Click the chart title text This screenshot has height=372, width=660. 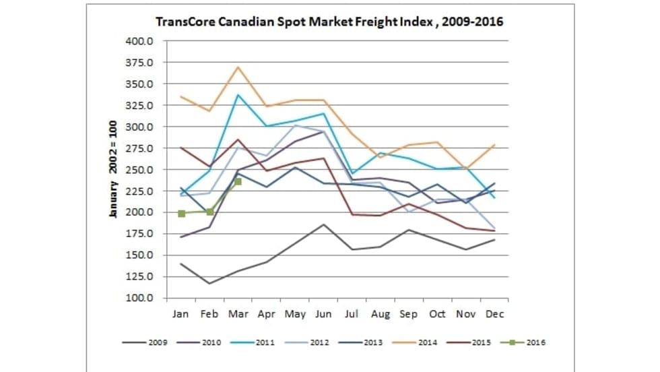(329, 22)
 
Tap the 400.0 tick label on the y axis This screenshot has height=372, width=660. (141, 41)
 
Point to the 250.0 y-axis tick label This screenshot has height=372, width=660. (141, 170)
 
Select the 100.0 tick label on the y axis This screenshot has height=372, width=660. (141, 298)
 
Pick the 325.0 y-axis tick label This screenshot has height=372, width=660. (141, 106)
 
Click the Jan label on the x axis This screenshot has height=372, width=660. (181, 314)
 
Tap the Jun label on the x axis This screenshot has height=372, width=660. (325, 314)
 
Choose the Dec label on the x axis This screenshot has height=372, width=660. (495, 314)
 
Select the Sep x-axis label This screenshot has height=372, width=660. (409, 314)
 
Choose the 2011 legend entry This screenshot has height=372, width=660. (257, 342)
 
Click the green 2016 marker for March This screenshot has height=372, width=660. (238, 181)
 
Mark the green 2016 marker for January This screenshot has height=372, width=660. (181, 214)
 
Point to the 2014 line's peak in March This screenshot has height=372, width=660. (238, 67)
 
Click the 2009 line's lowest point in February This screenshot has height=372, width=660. (209, 283)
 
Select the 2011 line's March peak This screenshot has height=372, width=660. (238, 94)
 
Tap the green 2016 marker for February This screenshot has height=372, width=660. (209, 212)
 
